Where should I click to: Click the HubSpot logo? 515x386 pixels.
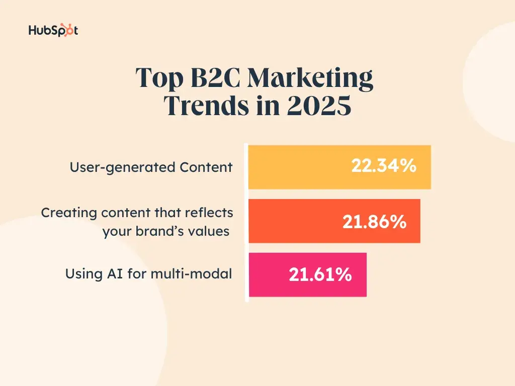[53, 31]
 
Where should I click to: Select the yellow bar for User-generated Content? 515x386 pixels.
[302, 167]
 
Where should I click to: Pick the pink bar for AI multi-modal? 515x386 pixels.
[267, 275]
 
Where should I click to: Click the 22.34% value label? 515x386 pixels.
[384, 166]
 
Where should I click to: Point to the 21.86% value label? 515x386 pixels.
[375, 222]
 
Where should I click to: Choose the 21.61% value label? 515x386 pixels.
[320, 274]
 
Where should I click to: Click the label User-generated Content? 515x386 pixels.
[151, 167]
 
